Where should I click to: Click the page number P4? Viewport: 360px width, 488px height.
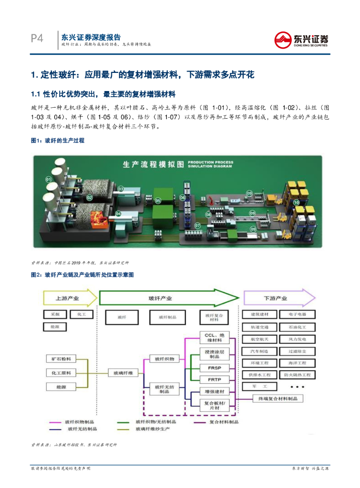pyautogui.click(x=37, y=39)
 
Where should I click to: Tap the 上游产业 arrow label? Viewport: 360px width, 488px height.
pyautogui.click(x=67, y=298)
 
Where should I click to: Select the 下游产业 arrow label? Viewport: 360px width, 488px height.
pyautogui.click(x=276, y=298)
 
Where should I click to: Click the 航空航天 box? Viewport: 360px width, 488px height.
pyautogui.click(x=259, y=339)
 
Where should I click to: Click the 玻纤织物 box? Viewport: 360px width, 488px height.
pyautogui.click(x=162, y=358)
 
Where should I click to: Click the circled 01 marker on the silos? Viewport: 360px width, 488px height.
pyautogui.click(x=48, y=179)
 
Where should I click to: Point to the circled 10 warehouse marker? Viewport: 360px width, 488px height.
pyautogui.click(x=296, y=203)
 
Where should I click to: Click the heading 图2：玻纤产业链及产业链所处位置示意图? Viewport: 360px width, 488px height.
pyautogui.click(x=82, y=275)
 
